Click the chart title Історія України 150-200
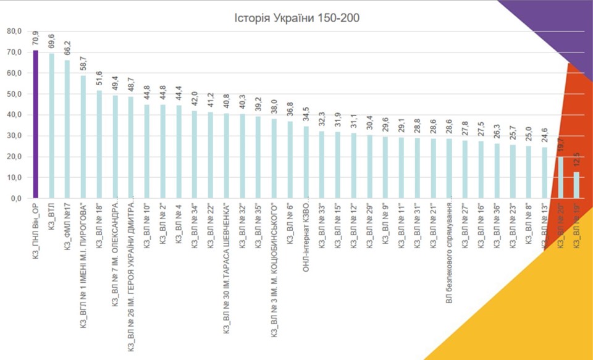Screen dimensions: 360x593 click(x=296, y=18)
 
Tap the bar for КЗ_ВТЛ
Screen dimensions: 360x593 click(x=52, y=126)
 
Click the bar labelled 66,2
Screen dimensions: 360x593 click(x=68, y=130)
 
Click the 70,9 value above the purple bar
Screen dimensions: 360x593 click(x=36, y=39)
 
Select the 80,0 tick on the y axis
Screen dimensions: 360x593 click(x=14, y=31)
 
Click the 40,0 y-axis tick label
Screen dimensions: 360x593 click(x=14, y=115)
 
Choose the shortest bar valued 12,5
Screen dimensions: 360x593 click(x=576, y=185)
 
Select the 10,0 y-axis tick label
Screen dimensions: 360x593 click(x=14, y=178)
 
